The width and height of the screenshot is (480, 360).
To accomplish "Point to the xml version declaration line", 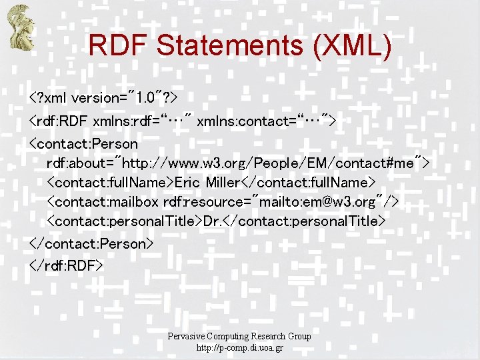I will pyautogui.click(x=103, y=98).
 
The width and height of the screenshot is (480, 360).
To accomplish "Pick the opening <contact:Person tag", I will pyautogui.click(x=83, y=143).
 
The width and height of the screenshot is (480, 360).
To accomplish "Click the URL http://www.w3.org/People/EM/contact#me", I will pyautogui.click(x=271, y=163).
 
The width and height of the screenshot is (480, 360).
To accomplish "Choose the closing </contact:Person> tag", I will pyautogui.click(x=91, y=243).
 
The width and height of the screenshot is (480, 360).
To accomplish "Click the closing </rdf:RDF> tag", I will pyautogui.click(x=66, y=265).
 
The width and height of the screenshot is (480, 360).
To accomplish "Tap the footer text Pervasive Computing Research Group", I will pyautogui.click(x=239, y=336).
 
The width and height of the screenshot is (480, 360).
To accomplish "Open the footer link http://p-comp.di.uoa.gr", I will pyautogui.click(x=239, y=348).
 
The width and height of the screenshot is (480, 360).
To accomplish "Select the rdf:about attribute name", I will pyautogui.click(x=79, y=163).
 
